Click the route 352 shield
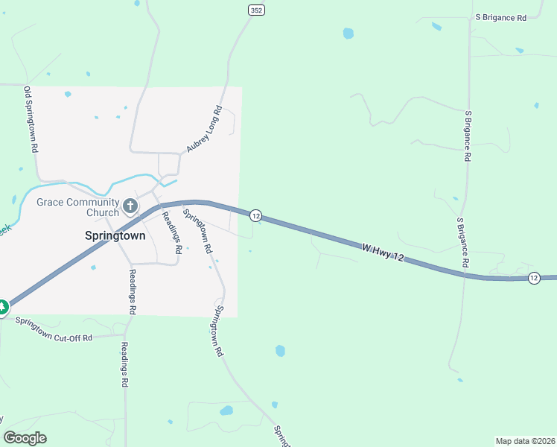[256, 10]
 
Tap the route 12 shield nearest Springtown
[255, 215]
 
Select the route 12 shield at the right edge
[534, 278]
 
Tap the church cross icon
[130, 206]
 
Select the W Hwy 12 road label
[383, 252]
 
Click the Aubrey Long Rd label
[204, 130]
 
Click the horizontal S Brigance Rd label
[500, 16]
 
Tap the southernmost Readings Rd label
[125, 365]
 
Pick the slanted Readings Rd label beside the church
[172, 232]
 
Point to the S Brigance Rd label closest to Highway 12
[463, 243]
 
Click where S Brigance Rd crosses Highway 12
[465, 274]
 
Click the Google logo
[25, 438]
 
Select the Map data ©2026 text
[525, 440]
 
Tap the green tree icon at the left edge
[2, 306]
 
